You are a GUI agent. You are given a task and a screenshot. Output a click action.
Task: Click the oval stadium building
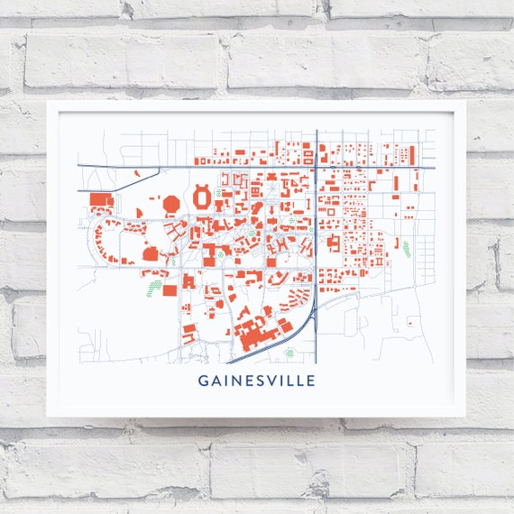pyautogui.click(x=204, y=195)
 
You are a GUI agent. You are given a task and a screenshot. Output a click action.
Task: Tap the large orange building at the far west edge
pyautogui.click(x=98, y=199)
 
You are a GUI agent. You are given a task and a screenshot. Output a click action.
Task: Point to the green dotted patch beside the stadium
pyautogui.click(x=219, y=192)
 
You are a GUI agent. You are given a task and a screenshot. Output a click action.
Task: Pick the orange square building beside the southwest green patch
pyautogui.click(x=169, y=289)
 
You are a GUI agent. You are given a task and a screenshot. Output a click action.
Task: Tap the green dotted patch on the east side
pyautogui.click(x=407, y=247)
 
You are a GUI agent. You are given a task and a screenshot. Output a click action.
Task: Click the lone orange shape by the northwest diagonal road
pyautogui.click(x=136, y=171)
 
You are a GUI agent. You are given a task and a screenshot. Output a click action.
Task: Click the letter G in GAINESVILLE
pyautogui.click(x=202, y=381)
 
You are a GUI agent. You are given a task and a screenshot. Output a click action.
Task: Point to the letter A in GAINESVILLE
pyautogui.click(x=215, y=381)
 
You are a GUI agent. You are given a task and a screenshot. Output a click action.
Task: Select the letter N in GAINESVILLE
pyautogui.click(x=234, y=381)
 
